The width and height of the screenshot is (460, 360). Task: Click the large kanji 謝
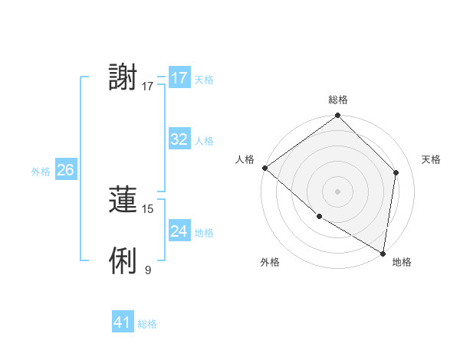123,78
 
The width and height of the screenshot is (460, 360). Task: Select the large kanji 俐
123,261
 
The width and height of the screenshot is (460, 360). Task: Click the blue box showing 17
179,78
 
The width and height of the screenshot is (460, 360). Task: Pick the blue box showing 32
179,139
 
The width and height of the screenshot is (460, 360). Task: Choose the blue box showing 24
179,231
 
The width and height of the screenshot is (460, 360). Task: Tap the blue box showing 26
65,170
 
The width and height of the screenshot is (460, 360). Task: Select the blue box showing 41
123,322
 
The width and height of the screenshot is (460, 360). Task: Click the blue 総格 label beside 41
147,324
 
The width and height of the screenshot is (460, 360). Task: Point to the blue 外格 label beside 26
41,172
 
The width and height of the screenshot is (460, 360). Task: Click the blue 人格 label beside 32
204,141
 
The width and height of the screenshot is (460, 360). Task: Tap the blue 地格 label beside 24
204,233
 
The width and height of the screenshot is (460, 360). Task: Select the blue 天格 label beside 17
204,80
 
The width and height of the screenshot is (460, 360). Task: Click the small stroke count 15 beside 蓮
148,208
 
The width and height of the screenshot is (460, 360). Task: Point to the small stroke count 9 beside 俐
148,270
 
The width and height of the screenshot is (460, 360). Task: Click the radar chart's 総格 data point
337,116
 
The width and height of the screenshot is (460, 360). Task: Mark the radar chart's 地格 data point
383,253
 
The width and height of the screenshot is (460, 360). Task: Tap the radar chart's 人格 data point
264,168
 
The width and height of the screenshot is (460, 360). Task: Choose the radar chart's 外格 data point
319,217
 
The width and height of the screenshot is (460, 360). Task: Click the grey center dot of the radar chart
337,191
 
